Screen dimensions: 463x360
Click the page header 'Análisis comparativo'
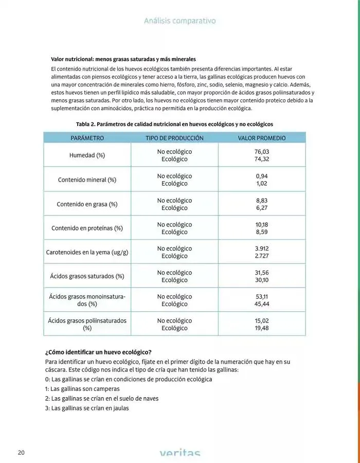[179, 21]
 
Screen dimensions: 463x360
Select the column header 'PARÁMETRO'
[87, 138]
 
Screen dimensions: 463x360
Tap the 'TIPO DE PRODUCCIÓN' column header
[174, 138]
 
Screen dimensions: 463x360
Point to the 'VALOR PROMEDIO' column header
[262, 138]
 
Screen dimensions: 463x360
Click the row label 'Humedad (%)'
[87, 155]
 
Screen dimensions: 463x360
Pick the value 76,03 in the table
[262, 152]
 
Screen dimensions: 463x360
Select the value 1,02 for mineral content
[262, 184]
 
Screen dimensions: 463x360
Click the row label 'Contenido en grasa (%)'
[87, 204]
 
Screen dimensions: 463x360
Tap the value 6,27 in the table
[262, 208]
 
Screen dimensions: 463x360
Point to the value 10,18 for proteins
[262, 224]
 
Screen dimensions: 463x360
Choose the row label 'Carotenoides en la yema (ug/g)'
[87, 253]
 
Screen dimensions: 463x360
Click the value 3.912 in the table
[262, 248]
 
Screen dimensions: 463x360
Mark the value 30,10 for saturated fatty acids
[262, 280]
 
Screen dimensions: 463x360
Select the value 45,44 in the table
[262, 304]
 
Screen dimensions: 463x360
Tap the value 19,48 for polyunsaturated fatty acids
[262, 328]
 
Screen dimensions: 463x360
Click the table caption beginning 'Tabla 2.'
[174, 124]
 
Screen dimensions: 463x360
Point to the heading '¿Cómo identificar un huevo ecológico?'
[98, 352]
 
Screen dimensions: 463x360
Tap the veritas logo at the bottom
[179, 453]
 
